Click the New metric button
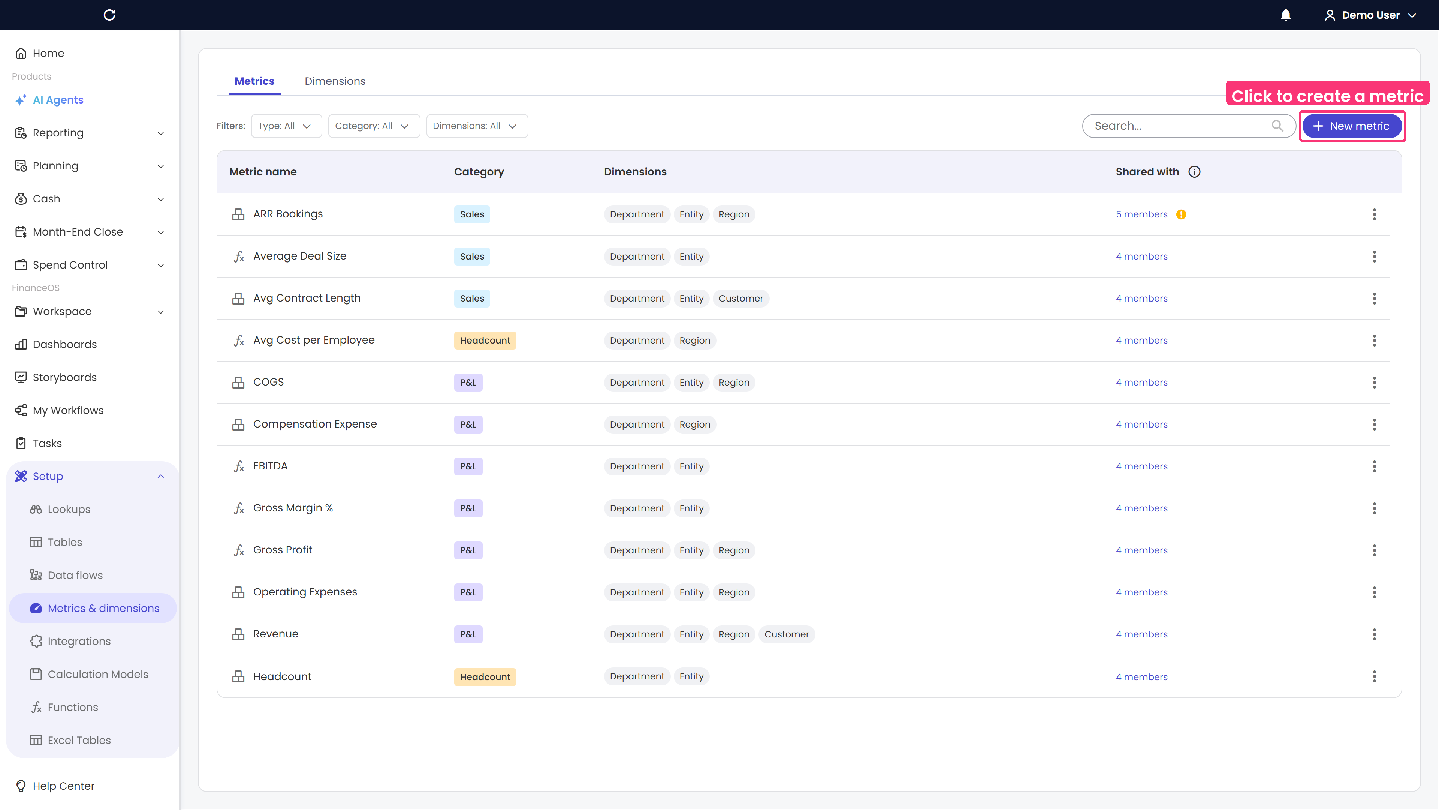[x=1352, y=126]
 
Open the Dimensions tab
[x=335, y=81]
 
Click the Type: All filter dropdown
[x=286, y=126]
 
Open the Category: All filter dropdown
[x=374, y=126]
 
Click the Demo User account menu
[x=1370, y=15]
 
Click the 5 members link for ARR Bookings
[x=1141, y=214]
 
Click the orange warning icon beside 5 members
[x=1181, y=214]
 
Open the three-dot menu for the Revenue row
[x=1374, y=634]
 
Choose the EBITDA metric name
[x=270, y=466]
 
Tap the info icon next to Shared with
[x=1194, y=172]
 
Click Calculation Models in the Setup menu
[x=98, y=674]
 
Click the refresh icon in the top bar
[x=109, y=15]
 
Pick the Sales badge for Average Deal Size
[x=472, y=256]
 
